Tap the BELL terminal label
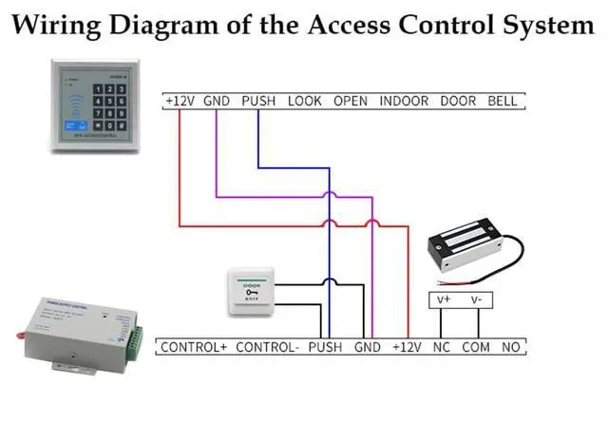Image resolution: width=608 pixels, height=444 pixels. (x=504, y=101)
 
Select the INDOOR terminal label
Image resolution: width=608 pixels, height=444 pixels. (x=404, y=101)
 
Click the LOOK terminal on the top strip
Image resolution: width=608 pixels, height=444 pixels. (x=305, y=101)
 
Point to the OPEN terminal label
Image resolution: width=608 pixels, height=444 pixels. (x=351, y=101)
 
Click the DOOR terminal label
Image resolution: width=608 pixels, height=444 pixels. (x=458, y=101)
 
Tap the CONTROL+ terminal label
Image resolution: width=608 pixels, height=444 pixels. (x=194, y=348)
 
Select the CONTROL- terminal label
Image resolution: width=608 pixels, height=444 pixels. (x=267, y=348)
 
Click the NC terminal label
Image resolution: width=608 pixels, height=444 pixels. (x=442, y=348)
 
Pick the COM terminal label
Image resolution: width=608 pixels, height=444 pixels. (x=475, y=348)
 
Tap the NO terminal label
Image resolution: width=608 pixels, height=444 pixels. (x=510, y=348)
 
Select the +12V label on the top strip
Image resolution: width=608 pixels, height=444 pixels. (x=180, y=101)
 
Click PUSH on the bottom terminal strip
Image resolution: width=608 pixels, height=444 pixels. (x=325, y=348)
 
